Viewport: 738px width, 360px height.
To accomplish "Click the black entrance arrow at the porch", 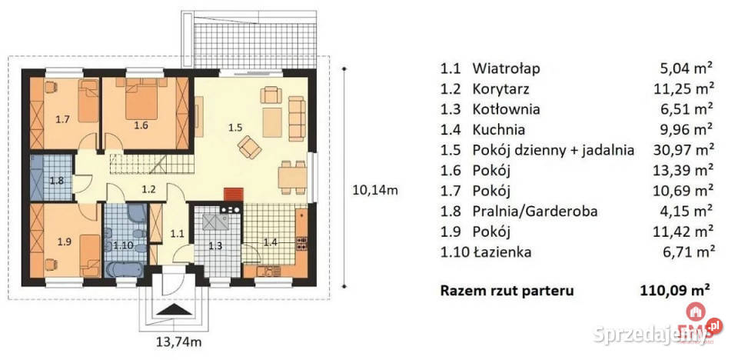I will click(175, 309).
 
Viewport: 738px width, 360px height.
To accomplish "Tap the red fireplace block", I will click(231, 195).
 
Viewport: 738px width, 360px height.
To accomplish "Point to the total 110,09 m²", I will click(673, 291).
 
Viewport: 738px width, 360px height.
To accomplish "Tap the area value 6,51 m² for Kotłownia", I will click(682, 108).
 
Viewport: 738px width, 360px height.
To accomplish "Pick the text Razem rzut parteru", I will click(507, 291).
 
